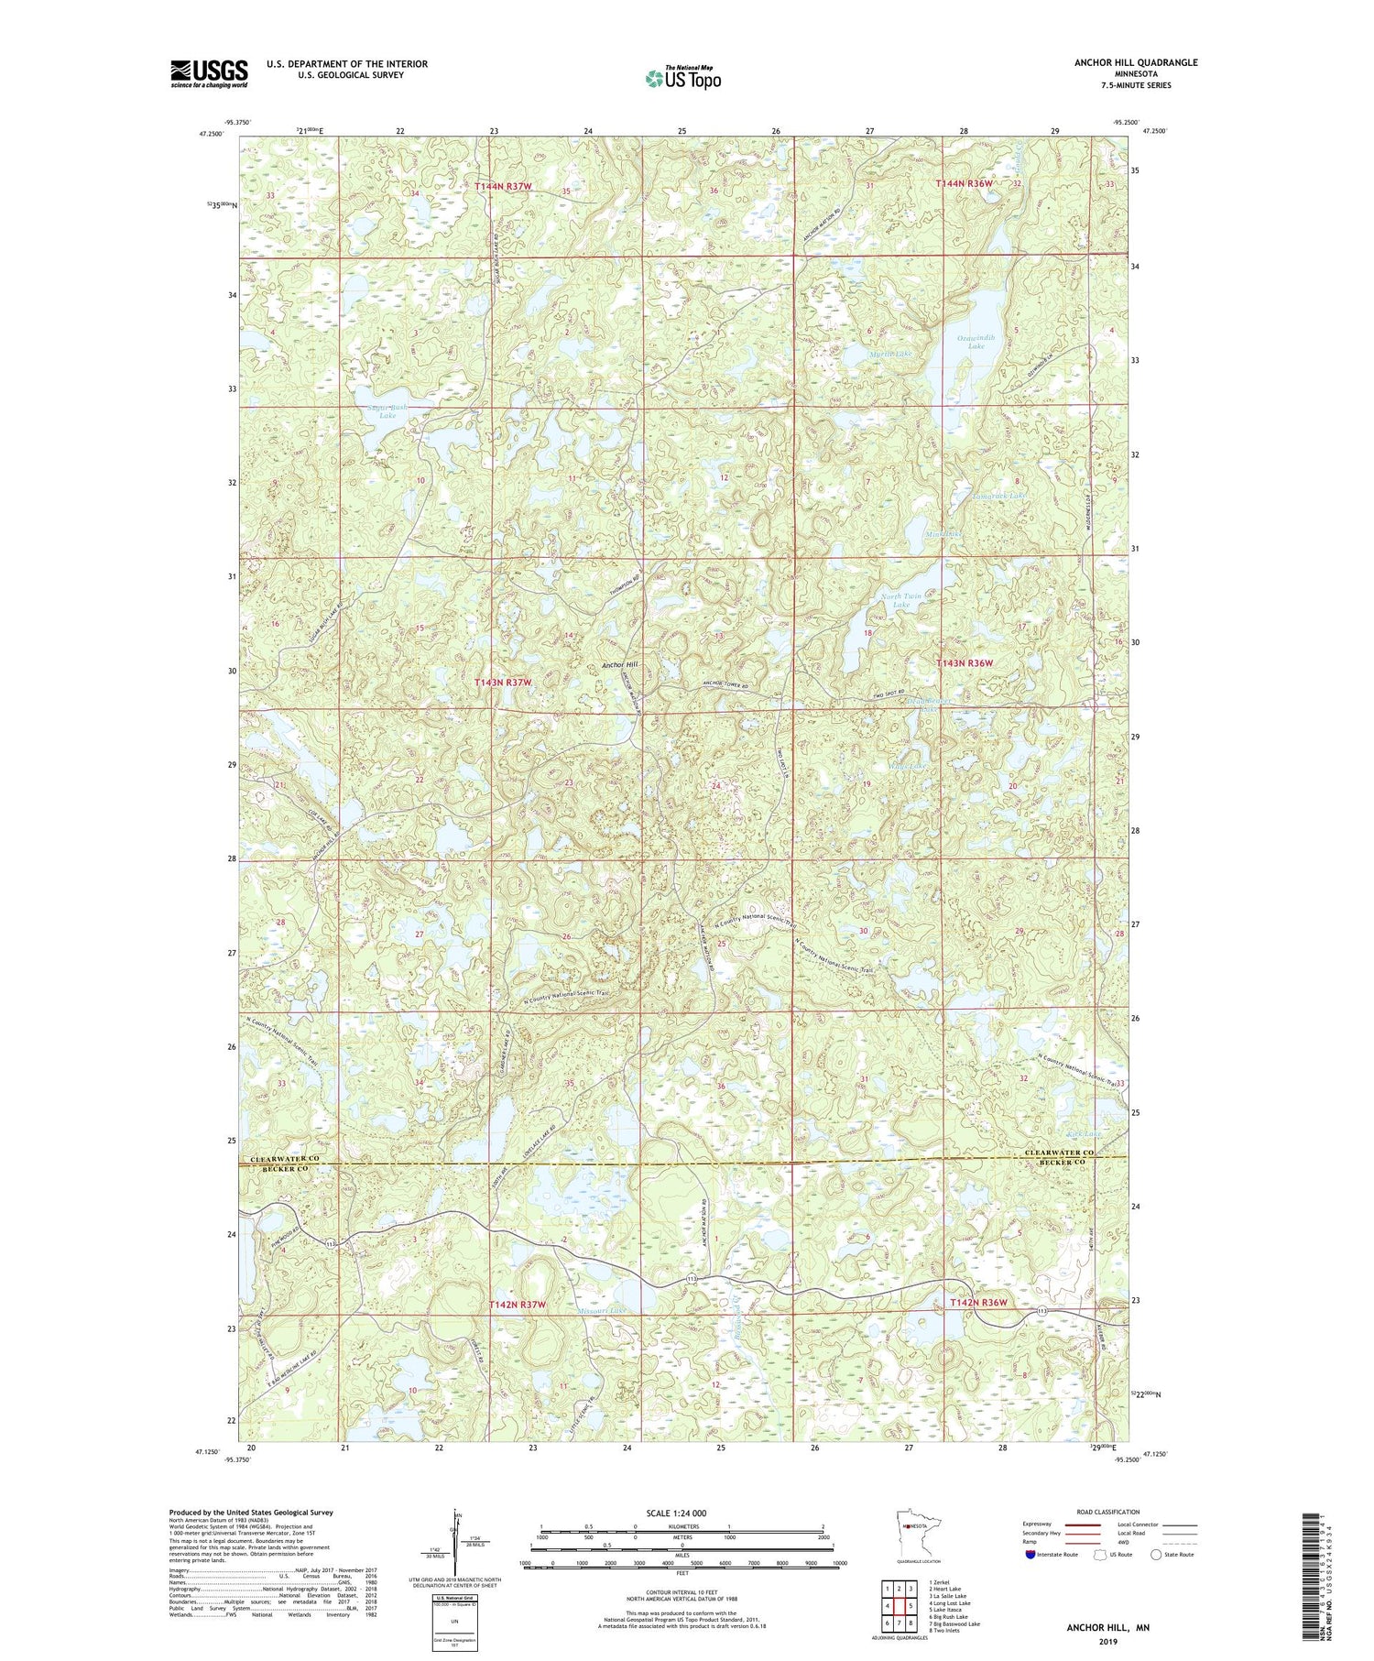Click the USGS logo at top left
point(209,73)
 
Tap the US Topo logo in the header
point(682,78)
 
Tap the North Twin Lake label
point(901,601)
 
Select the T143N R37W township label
point(503,683)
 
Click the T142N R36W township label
point(978,1302)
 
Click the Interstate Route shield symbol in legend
point(1030,1555)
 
